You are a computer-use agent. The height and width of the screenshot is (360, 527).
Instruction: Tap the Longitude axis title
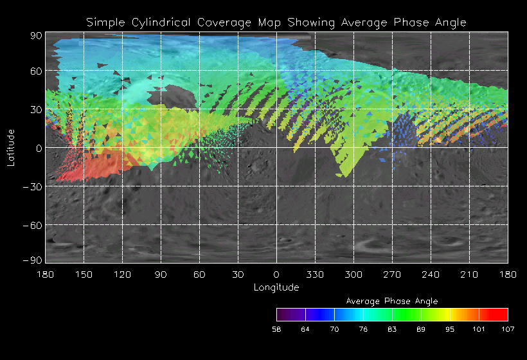click(276, 287)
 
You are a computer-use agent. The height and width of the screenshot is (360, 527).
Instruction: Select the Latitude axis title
click(11, 147)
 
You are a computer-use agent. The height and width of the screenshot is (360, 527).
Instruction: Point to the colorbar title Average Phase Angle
click(392, 301)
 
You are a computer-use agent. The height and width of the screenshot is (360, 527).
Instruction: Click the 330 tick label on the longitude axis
click(315, 274)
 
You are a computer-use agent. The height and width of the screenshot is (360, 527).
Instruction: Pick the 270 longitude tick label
click(392, 274)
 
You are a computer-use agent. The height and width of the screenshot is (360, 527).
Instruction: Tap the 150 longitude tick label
click(84, 274)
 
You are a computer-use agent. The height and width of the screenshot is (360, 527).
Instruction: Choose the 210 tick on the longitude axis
click(469, 274)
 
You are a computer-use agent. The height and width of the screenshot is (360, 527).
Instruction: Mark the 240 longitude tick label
click(431, 274)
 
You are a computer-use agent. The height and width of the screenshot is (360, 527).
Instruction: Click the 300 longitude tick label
click(353, 274)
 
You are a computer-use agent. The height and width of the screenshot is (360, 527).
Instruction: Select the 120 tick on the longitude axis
click(122, 274)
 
